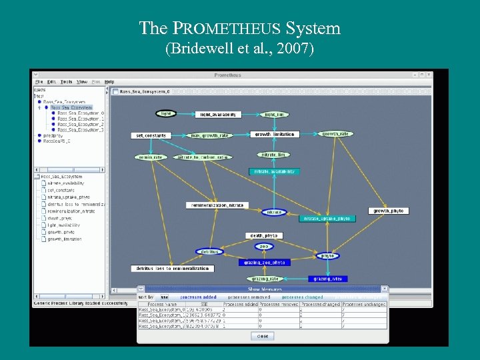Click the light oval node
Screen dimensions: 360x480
point(166,113)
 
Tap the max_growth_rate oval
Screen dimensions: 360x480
point(210,135)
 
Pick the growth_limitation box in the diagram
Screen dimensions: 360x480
point(275,135)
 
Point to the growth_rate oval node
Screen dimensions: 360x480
point(335,134)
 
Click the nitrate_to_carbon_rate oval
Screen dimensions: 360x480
point(203,157)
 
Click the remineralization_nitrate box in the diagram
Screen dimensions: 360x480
point(218,205)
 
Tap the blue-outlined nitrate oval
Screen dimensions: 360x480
point(274,212)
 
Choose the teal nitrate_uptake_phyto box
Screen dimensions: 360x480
point(326,219)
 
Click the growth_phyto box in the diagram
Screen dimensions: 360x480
point(389,211)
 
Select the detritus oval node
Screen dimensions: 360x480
point(209,251)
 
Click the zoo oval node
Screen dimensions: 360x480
point(264,246)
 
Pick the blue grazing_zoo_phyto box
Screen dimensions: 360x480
point(265,263)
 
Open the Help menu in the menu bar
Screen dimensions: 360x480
point(109,82)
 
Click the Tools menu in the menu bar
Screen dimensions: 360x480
point(67,82)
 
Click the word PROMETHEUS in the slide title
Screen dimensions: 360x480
point(227,29)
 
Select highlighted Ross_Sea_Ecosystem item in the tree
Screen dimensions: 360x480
point(71,107)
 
